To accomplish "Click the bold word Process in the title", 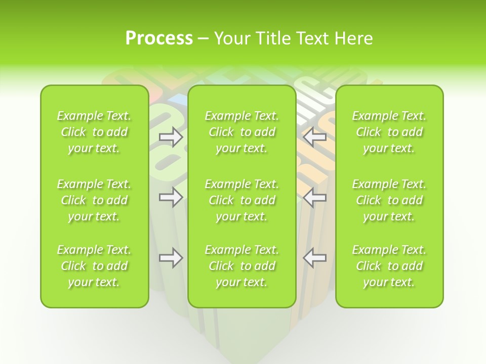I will pos(159,38).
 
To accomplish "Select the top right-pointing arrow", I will pos(171,137).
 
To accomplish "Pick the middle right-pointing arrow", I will pos(171,197).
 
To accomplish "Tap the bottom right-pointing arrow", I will pos(171,258).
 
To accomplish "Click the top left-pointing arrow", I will pos(314,137).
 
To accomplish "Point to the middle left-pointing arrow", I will pos(314,197).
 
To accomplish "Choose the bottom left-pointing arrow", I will pos(314,258).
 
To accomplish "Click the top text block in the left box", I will pos(94,132).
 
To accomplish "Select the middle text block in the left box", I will pos(94,200).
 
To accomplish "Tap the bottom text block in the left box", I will pos(94,266).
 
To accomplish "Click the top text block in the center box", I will pos(242,132).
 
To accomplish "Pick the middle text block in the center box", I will pos(242,200).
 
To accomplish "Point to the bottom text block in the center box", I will pos(242,266).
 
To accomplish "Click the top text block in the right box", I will pos(389,132).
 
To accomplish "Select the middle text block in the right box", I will pos(389,200).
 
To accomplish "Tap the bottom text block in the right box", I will pos(389,266).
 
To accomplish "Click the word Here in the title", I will pos(354,38).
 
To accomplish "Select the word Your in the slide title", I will pos(231,38).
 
